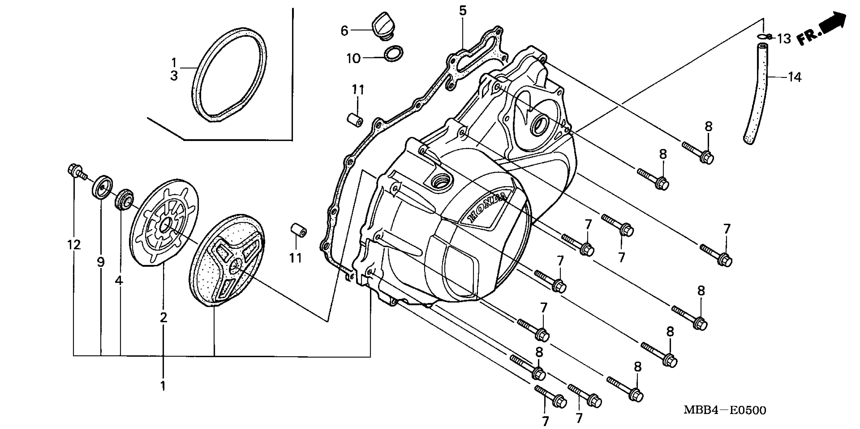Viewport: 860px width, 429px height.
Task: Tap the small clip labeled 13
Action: pos(765,36)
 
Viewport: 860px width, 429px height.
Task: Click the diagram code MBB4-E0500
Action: pos(725,410)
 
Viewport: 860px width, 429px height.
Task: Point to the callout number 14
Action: pos(795,77)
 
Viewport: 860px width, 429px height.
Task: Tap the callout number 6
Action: pos(344,31)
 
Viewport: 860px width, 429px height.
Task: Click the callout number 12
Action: pos(74,245)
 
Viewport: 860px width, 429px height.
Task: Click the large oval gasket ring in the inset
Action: pos(230,75)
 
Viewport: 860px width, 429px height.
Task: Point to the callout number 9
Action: pos(101,262)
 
